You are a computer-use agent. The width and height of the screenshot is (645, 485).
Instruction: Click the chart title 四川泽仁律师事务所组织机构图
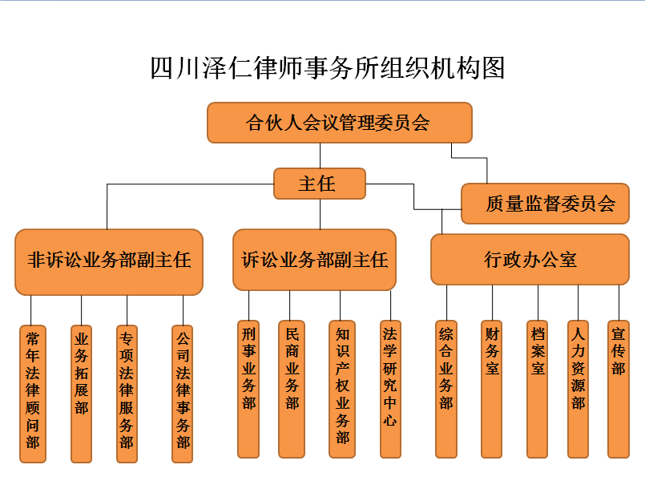327,68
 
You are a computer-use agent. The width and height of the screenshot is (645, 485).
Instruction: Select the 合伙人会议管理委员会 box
340,123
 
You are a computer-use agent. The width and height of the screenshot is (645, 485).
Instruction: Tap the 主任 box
320,184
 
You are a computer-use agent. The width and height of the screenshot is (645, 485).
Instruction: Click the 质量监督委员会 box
545,204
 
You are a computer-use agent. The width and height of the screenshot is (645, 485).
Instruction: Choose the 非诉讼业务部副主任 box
109,262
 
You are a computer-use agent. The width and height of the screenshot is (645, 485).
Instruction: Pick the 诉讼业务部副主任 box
315,260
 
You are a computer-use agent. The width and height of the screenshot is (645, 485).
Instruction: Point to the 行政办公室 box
530,260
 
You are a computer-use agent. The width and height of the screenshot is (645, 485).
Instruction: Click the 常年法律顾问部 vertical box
33,394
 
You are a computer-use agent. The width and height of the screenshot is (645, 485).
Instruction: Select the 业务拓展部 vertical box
82,394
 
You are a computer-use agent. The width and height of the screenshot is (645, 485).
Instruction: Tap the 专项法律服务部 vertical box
127,394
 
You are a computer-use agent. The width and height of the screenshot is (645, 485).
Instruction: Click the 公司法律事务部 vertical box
183,394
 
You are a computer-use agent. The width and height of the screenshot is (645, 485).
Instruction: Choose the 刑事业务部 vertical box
248,389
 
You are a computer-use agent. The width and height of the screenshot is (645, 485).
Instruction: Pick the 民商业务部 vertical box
292,389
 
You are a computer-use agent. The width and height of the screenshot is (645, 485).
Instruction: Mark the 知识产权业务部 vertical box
342,389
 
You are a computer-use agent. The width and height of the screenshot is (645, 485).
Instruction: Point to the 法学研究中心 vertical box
390,389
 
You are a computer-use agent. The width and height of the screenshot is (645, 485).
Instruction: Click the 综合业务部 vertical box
446,389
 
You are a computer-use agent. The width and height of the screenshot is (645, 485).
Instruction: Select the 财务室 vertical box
492,389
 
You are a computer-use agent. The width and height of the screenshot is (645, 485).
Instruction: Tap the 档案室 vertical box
537,389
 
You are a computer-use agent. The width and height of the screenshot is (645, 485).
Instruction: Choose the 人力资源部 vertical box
578,389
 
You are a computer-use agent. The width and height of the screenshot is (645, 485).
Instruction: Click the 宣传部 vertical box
619,389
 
